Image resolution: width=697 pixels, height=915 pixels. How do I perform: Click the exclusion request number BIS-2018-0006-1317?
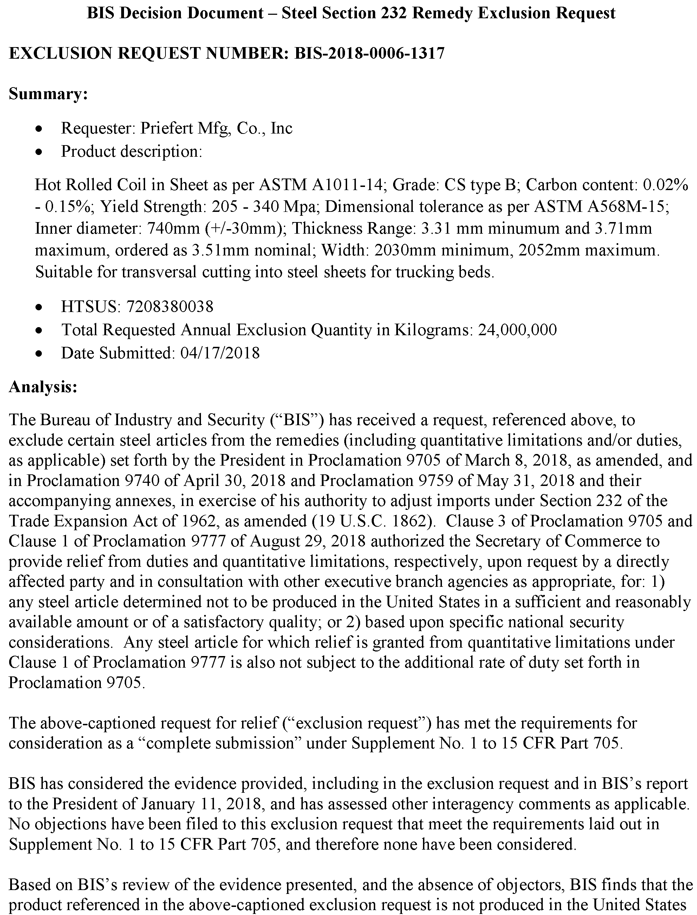pos(369,53)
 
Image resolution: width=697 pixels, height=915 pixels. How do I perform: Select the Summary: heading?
pos(48,94)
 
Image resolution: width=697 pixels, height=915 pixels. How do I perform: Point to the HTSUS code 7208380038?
pos(170,307)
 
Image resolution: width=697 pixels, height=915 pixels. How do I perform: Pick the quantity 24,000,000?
pos(517,330)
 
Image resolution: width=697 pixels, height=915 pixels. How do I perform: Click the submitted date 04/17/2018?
pos(220,353)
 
